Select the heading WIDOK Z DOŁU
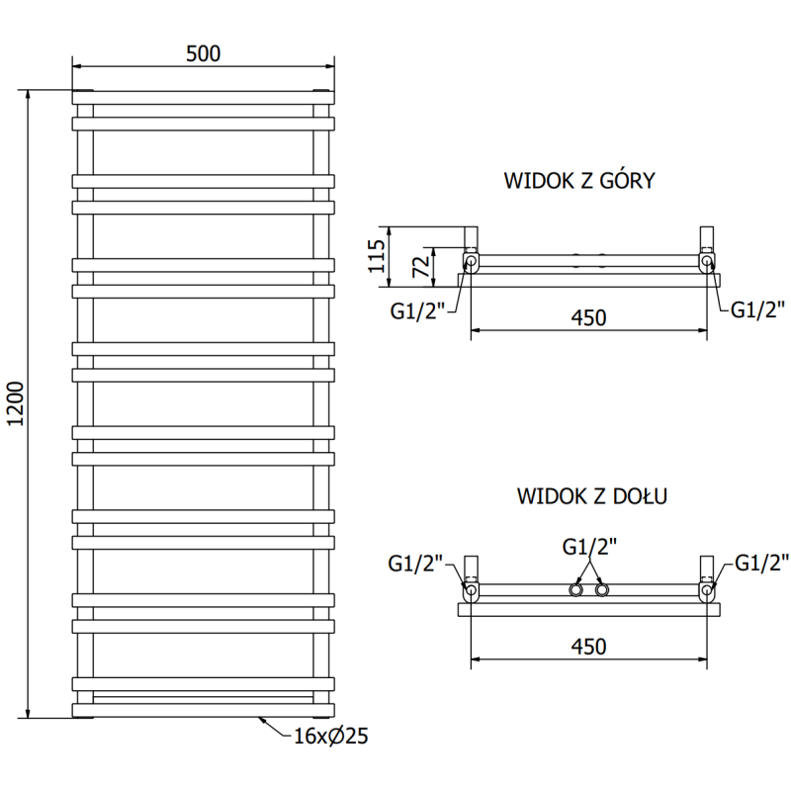[x=591, y=496]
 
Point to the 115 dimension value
[x=375, y=256]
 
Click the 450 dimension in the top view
[x=587, y=317]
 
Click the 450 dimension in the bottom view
[x=587, y=646]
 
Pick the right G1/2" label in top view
[x=758, y=308]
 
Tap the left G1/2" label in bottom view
[x=416, y=565]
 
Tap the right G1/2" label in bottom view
[x=760, y=565]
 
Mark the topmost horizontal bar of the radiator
[x=203, y=98]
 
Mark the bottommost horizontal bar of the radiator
[x=203, y=708]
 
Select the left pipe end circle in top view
[x=472, y=262]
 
